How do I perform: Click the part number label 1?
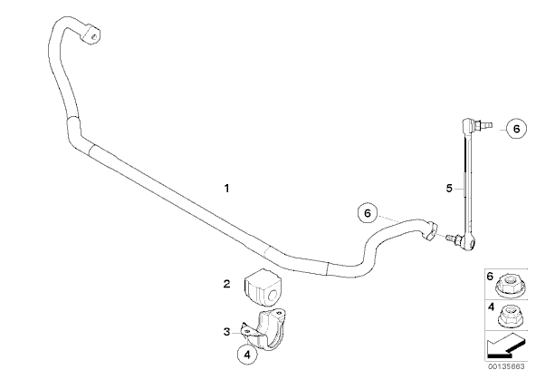click(x=226, y=189)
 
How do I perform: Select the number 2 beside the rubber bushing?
click(x=226, y=284)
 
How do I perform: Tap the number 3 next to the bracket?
click(x=226, y=332)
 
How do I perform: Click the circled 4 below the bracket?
click(x=247, y=355)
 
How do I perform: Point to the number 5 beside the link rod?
click(x=449, y=189)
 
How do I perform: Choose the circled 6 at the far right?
click(x=516, y=129)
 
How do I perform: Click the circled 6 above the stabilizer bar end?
click(x=367, y=213)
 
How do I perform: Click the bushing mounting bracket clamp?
click(x=263, y=329)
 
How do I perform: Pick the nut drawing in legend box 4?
click(x=508, y=317)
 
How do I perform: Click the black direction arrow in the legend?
click(x=505, y=346)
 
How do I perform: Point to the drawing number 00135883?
click(x=506, y=366)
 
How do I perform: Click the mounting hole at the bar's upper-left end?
click(x=95, y=35)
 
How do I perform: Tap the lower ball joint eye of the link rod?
click(x=469, y=243)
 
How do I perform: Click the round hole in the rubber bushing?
click(x=273, y=296)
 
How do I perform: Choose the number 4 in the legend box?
click(x=491, y=307)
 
